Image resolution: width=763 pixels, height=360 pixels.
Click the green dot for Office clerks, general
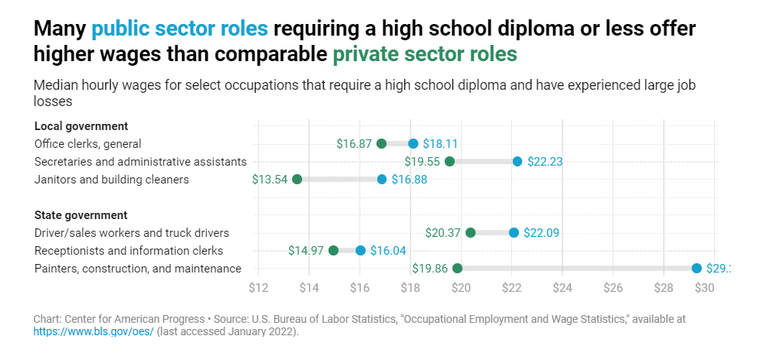(381, 143)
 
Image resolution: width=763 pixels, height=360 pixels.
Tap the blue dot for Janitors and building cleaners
(382, 179)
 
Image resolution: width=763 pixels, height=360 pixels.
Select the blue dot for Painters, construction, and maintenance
(696, 268)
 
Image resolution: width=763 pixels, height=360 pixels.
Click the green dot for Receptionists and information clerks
(333, 250)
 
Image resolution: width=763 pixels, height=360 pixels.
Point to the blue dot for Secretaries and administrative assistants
(517, 161)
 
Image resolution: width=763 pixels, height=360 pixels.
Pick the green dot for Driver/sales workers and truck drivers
(470, 232)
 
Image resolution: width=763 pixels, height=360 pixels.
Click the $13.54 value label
(270, 180)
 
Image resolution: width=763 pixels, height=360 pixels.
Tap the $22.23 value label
(545, 162)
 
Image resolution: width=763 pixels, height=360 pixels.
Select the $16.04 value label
(387, 251)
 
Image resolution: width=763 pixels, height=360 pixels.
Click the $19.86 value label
(430, 269)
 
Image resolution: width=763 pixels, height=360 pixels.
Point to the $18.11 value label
(440, 144)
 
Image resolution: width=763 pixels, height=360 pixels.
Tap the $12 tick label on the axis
(259, 288)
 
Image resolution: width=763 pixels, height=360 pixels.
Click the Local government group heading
(81, 125)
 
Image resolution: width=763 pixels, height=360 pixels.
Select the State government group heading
(81, 214)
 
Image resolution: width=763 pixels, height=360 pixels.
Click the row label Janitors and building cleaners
(112, 180)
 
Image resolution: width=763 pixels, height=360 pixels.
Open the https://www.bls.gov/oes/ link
(94, 331)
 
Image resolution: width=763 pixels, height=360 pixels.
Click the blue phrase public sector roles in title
(180, 29)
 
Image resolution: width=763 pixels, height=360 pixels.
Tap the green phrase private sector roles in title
(424, 55)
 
